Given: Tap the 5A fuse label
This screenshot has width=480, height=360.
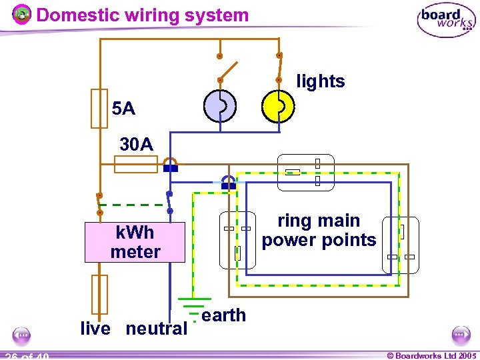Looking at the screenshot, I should (124, 108).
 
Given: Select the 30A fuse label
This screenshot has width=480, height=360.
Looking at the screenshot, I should (136, 144).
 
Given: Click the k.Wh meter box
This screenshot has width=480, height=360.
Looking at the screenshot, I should (135, 243).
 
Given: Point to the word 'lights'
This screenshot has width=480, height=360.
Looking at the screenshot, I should (321, 82).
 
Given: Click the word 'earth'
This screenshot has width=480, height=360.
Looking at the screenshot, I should (223, 315).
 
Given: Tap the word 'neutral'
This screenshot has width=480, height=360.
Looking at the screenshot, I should (157, 329).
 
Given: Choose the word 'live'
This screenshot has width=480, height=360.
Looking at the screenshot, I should (95, 329).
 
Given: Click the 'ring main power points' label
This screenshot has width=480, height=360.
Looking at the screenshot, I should (319, 231).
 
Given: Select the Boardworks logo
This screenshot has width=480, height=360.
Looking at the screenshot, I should (446, 21).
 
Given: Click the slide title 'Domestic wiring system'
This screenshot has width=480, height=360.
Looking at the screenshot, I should (142, 15).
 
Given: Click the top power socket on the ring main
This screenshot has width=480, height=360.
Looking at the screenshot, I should (305, 172).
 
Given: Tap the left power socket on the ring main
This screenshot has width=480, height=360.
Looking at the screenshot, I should (237, 239).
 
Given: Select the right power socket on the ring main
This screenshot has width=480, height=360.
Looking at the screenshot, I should (400, 245).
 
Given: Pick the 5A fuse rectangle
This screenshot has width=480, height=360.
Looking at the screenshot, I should (99, 108).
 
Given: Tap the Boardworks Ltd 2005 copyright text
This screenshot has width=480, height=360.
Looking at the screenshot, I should (431, 356).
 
